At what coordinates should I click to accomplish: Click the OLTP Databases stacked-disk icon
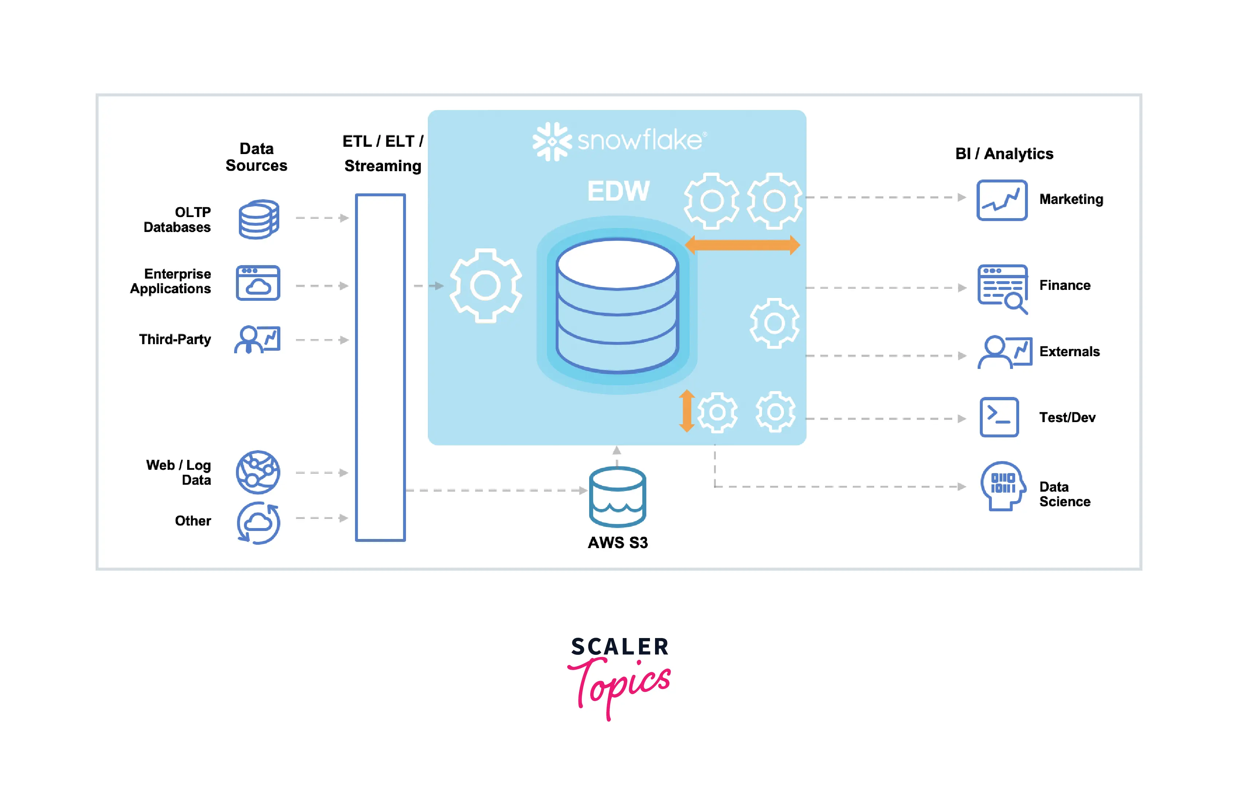click(x=259, y=219)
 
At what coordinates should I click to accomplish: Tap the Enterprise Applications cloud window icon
click(x=258, y=283)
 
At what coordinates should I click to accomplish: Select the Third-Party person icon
click(x=257, y=339)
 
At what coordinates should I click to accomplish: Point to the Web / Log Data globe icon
click(x=258, y=472)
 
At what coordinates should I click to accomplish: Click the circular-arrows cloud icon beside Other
click(x=259, y=523)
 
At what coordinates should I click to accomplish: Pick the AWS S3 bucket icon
click(x=618, y=496)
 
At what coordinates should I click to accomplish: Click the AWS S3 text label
click(x=618, y=543)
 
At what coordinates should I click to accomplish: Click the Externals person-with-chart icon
click(x=1004, y=352)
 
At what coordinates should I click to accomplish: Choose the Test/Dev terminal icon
click(x=999, y=417)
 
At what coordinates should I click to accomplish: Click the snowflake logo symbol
click(x=552, y=141)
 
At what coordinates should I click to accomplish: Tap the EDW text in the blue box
click(x=619, y=191)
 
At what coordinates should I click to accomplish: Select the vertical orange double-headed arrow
click(x=686, y=410)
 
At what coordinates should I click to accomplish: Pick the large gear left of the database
click(x=486, y=286)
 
